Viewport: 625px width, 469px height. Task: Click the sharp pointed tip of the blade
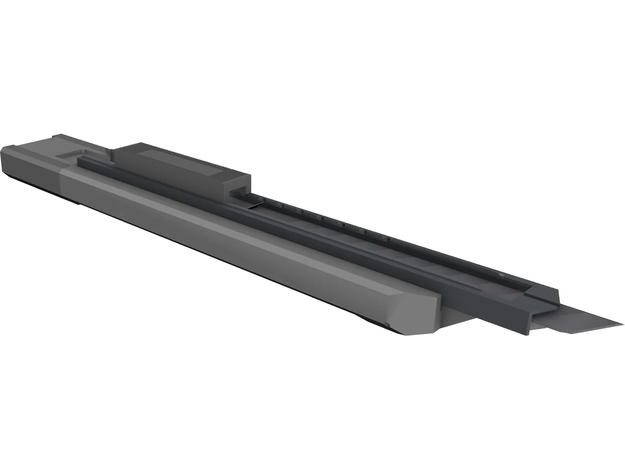(623, 323)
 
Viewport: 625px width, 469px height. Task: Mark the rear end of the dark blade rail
(80, 160)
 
